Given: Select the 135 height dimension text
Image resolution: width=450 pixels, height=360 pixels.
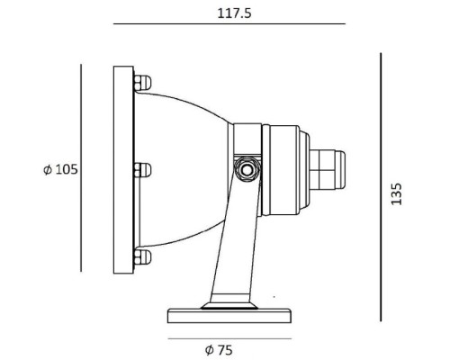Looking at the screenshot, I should point(398,194).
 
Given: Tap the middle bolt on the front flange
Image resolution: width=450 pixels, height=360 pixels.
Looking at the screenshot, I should point(141,168).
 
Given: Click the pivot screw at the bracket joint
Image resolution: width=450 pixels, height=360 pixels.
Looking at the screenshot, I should point(244,168).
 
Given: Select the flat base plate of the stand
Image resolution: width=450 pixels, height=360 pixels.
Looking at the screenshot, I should point(229,316).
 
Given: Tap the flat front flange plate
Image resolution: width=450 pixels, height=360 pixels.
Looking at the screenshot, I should point(122,168).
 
